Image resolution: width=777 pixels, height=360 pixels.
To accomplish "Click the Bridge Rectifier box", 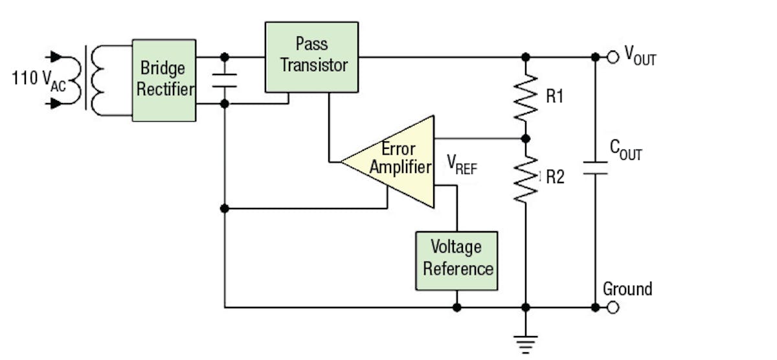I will (164, 80).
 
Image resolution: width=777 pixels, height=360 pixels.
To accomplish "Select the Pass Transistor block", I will (311, 56).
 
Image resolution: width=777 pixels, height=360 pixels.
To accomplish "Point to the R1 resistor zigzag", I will (526, 97).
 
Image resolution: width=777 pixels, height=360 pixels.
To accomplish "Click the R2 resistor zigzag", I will (526, 177).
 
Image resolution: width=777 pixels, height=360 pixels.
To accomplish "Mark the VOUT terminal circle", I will (613, 57).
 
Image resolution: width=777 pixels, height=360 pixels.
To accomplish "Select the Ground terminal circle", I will (613, 308).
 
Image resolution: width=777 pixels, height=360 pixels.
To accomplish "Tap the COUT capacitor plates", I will (595, 168).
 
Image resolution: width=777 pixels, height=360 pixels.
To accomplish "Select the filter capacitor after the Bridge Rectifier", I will (225, 80).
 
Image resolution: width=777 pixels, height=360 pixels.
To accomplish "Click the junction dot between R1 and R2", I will (526, 139).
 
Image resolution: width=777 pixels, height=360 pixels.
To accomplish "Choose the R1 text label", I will (555, 97).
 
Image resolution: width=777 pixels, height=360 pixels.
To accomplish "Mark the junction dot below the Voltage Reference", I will (457, 308).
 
